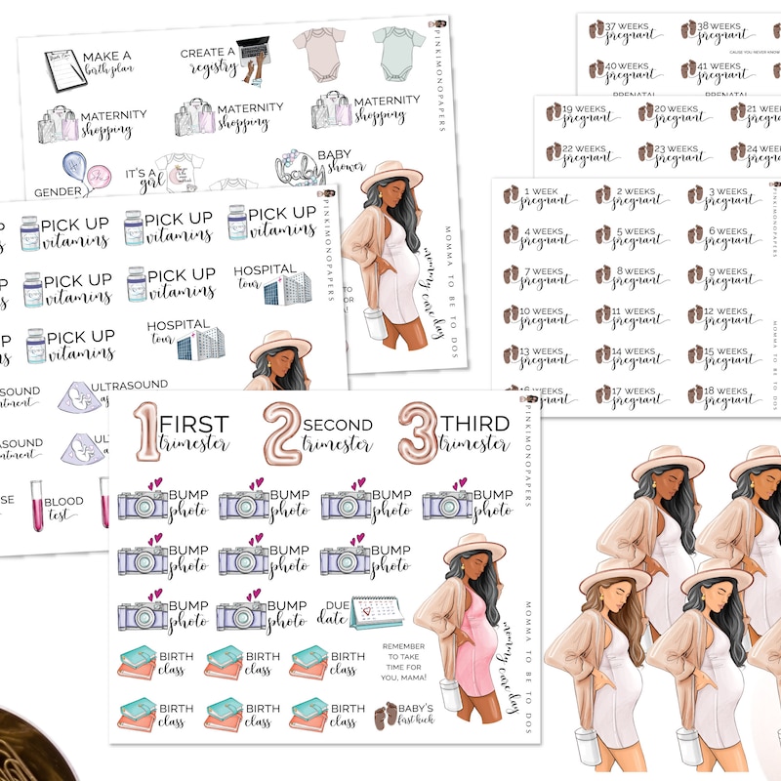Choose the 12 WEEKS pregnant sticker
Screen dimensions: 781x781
722,316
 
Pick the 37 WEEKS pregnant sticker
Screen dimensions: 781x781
621,31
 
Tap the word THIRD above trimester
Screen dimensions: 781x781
474,424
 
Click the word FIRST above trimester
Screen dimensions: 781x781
193,424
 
